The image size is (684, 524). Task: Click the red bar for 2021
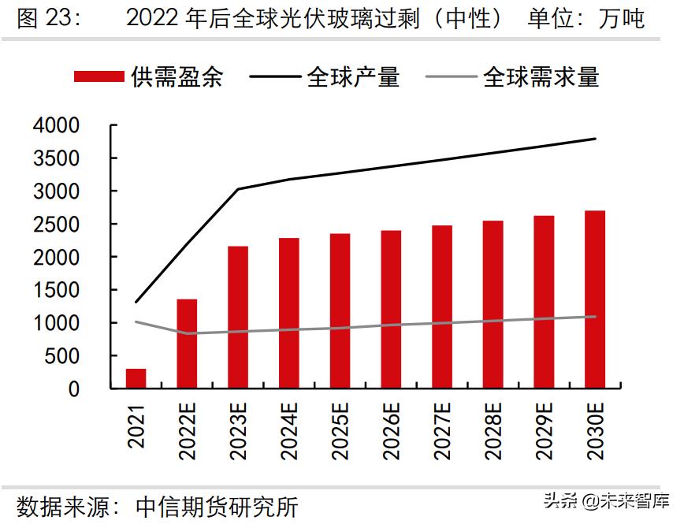click(136, 378)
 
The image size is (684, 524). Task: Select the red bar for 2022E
click(187, 344)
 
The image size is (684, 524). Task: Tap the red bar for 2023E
click(238, 317)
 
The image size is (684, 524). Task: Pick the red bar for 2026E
click(391, 309)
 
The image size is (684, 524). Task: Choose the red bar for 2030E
click(595, 299)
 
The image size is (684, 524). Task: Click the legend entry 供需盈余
click(150, 76)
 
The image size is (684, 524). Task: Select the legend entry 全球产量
click(325, 76)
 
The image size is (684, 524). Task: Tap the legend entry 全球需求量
click(513, 76)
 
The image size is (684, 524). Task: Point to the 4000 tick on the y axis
click(56, 125)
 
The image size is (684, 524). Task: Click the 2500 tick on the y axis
click(56, 224)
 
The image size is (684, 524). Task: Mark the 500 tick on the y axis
click(63, 355)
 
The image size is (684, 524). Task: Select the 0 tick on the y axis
click(74, 388)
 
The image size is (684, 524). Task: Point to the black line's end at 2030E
click(595, 139)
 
